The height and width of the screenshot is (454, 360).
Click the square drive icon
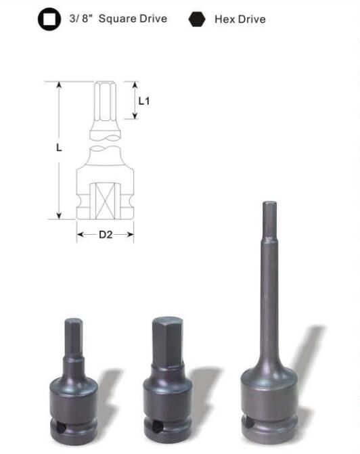pos(49,19)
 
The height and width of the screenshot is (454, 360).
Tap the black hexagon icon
pos(197,19)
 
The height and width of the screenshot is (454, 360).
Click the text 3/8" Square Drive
pos(118,18)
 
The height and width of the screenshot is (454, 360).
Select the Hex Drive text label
pos(240,19)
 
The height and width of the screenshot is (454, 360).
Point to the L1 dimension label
pos(144,101)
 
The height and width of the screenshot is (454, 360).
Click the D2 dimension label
pos(106,234)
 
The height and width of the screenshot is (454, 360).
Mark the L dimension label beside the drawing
pos(59,147)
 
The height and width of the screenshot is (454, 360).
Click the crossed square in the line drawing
pos(105,201)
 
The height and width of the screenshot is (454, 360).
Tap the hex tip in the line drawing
pos(106,100)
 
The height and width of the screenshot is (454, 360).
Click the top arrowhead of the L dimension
pos(59,85)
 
